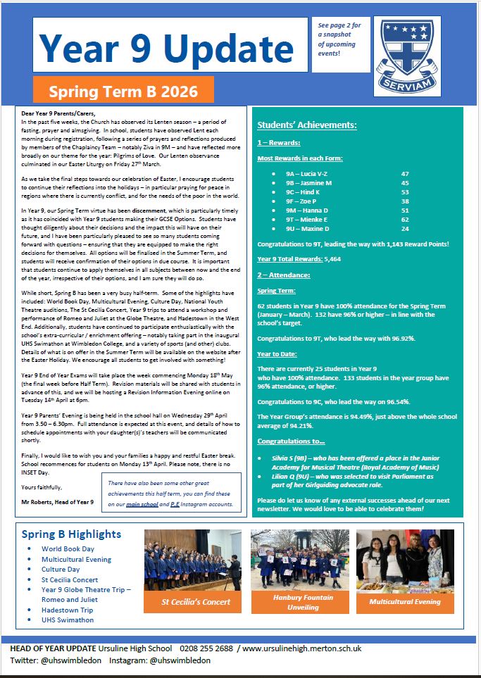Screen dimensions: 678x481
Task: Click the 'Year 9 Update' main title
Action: pyautogui.click(x=166, y=46)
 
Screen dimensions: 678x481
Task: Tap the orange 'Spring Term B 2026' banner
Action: pyautogui.click(x=122, y=91)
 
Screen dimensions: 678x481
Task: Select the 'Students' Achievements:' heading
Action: pyautogui.click(x=306, y=125)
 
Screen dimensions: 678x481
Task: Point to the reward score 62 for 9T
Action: pyautogui.click(x=404, y=219)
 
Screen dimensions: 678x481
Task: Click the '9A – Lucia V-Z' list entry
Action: pyautogui.click(x=306, y=173)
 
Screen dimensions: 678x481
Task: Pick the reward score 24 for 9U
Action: pyautogui.click(x=404, y=228)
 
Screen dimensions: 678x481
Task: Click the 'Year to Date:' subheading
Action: pyautogui.click(x=277, y=353)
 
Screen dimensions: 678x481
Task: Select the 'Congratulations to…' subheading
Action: pyautogui.click(x=290, y=441)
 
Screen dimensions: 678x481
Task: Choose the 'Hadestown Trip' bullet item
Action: pyautogui.click(x=67, y=610)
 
